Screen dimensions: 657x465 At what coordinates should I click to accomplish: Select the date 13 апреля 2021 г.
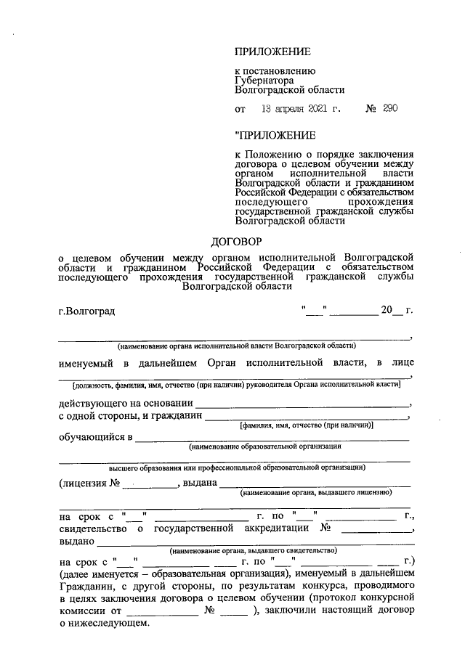tap(300, 109)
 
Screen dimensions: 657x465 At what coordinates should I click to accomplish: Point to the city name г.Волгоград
tap(86, 311)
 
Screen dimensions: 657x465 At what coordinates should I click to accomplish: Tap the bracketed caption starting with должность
tap(237, 383)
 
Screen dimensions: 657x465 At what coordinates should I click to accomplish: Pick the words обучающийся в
tap(95, 437)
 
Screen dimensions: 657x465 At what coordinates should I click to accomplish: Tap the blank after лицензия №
tap(154, 484)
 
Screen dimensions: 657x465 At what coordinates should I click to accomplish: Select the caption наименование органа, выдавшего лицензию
tap(316, 492)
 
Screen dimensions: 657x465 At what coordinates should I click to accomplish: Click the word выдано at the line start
tap(76, 541)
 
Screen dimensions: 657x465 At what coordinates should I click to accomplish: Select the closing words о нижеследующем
tap(102, 624)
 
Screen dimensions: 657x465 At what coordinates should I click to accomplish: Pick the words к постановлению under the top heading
tap(275, 71)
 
